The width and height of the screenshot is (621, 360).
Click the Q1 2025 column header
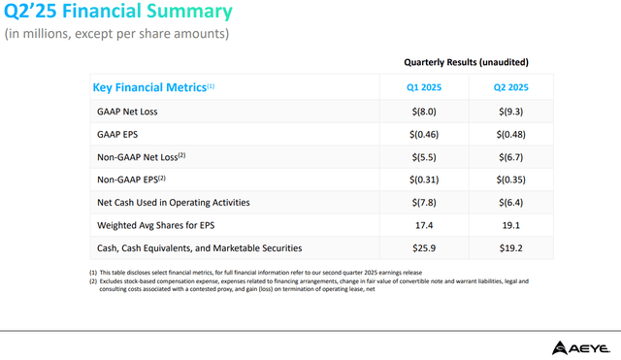click(424, 87)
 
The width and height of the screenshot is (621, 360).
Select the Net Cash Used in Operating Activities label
click(174, 202)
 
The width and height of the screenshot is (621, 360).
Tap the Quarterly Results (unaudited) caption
click(466, 62)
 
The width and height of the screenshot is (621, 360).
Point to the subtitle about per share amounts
click(116, 35)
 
